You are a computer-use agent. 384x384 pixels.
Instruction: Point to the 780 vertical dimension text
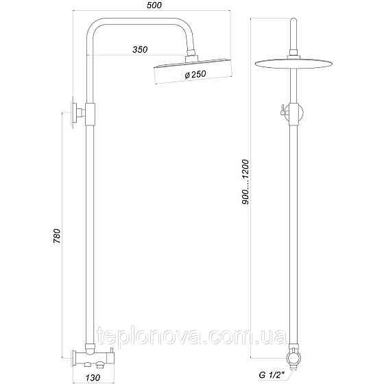coord(58,236)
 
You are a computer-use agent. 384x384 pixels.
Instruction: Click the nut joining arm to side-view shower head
coord(190,56)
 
